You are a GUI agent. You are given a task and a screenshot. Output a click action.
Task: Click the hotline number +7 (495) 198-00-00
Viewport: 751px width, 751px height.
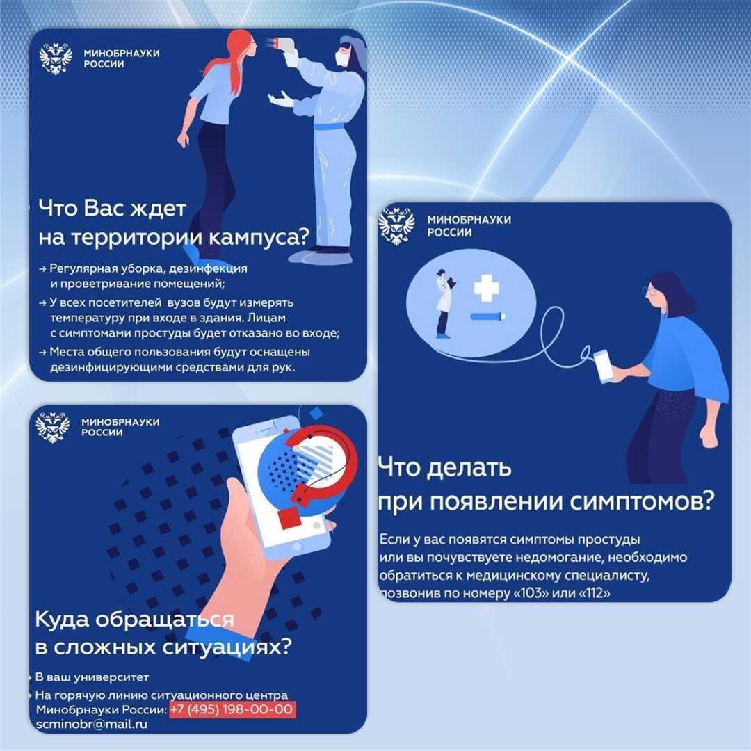232,709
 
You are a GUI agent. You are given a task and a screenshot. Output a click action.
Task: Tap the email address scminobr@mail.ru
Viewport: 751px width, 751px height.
92,724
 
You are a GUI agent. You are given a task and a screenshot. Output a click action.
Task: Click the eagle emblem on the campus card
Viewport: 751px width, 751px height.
56,59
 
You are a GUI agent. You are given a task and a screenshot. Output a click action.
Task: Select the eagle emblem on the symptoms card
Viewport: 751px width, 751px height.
396,226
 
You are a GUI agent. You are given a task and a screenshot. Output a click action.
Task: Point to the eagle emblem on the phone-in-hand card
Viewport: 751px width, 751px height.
53,427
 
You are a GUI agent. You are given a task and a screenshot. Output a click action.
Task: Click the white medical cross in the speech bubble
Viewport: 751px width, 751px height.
487,288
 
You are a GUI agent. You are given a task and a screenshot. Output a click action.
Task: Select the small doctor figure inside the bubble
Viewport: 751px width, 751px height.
444,304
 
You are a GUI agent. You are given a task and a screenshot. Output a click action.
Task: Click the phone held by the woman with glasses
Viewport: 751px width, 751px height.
604,366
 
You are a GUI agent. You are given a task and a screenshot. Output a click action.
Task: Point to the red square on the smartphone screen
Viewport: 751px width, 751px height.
290,517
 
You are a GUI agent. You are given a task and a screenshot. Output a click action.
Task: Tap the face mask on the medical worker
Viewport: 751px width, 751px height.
341,59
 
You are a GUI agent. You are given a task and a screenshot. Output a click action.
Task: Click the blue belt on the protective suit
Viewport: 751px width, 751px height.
330,127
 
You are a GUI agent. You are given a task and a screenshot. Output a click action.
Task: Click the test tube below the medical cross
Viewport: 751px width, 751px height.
487,316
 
